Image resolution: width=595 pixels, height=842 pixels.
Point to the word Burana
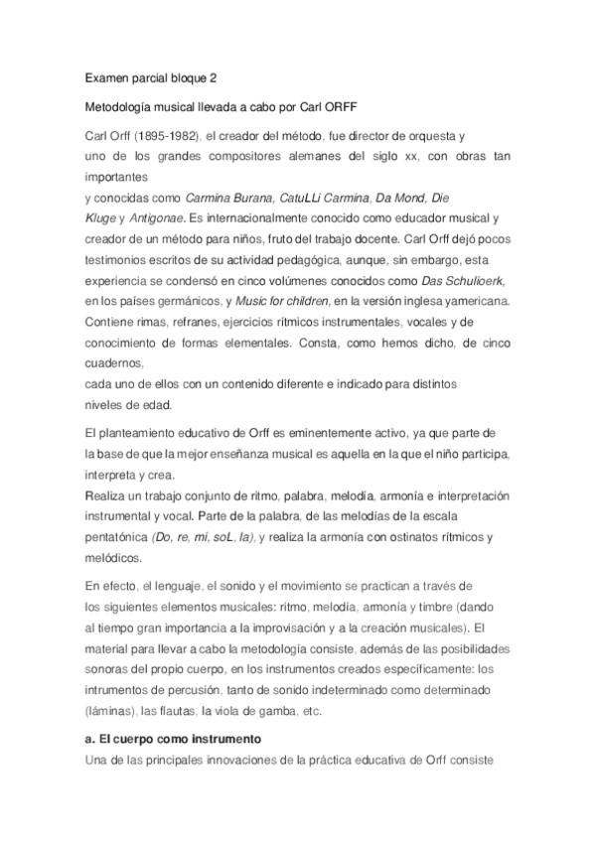pyautogui.click(x=248, y=198)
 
